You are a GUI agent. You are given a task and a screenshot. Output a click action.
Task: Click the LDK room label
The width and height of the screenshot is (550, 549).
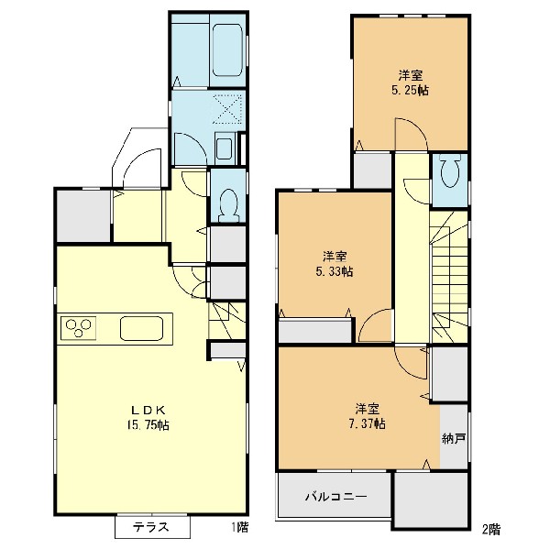pyautogui.click(x=148, y=410)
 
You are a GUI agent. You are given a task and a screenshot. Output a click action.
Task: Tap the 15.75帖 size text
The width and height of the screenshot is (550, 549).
pyautogui.click(x=148, y=425)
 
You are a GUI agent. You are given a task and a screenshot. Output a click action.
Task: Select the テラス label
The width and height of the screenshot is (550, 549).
pyautogui.click(x=151, y=527)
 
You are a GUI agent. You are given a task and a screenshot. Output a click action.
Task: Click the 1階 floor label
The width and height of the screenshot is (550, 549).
pyautogui.click(x=240, y=527)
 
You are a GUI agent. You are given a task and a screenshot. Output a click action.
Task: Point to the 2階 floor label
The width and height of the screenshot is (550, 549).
pyautogui.click(x=491, y=529)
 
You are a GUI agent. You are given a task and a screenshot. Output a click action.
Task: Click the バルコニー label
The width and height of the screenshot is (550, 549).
pyautogui.click(x=335, y=497)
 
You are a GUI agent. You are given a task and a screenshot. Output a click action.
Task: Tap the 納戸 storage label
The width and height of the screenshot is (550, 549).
pyautogui.click(x=454, y=438)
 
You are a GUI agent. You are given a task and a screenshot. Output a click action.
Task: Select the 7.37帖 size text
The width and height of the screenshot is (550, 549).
pyautogui.click(x=367, y=423)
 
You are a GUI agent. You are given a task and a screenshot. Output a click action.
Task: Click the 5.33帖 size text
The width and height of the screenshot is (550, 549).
pyautogui.click(x=335, y=271)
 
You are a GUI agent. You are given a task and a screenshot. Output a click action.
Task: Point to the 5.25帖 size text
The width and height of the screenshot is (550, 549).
pyautogui.click(x=410, y=91)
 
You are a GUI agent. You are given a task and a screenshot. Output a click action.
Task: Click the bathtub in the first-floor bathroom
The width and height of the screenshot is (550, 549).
pyautogui.click(x=227, y=49)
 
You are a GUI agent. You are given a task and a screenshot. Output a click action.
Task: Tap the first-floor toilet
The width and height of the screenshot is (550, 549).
pyautogui.click(x=228, y=205)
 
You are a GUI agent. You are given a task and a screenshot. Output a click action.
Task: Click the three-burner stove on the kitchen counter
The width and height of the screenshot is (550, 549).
pyautogui.click(x=79, y=328)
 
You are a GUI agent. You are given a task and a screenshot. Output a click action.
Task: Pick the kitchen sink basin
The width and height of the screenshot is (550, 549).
pyautogui.click(x=141, y=328)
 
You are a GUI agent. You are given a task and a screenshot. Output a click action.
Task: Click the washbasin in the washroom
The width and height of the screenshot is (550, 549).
pyautogui.click(x=224, y=148)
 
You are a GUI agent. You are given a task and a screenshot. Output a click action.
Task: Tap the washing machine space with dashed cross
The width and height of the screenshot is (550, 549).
pyautogui.click(x=228, y=109)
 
